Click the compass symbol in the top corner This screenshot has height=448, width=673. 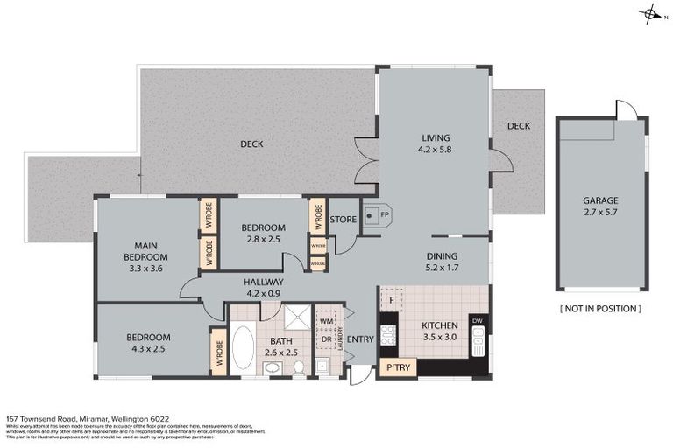651,14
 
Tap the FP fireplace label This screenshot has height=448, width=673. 384,214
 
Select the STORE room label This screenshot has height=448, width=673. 344,219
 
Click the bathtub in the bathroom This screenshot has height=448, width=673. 242,351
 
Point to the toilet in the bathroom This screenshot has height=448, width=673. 299,367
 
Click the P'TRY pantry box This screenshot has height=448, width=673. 398,367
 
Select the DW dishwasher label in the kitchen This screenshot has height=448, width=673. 478,320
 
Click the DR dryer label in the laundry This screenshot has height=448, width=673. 325,339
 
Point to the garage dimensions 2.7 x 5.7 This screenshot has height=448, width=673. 600,211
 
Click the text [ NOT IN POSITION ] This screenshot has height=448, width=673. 600,309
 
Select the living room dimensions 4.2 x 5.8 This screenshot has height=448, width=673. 435,149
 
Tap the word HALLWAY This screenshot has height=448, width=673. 263,282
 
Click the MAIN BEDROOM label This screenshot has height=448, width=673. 145,251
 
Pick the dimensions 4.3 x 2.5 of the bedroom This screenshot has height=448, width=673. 147,348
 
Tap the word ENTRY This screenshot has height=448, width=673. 359,339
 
